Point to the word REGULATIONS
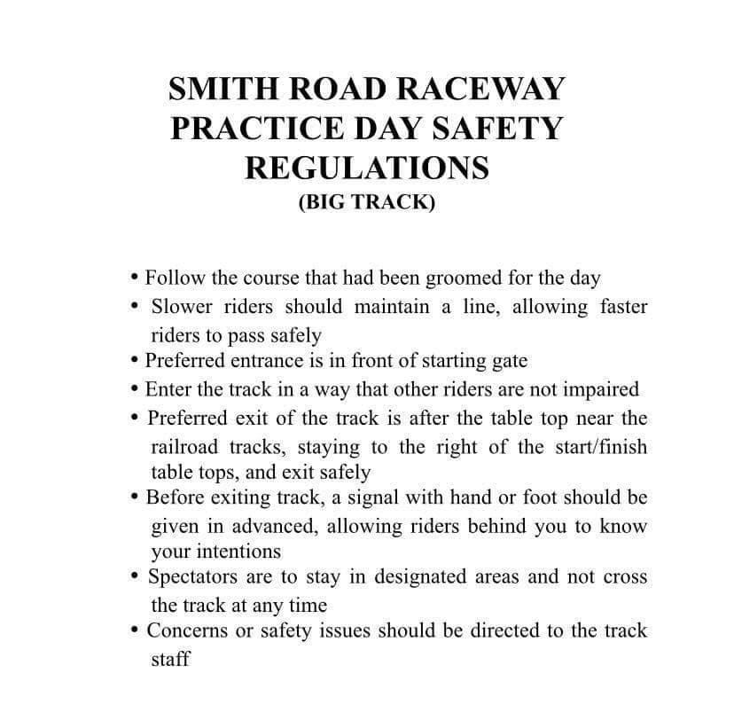coord(367,168)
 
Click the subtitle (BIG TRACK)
coord(367,201)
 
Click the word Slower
coord(181,308)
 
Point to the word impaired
coord(602,389)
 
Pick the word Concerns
coord(184,631)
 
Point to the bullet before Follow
coord(134,278)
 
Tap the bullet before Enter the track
coord(134,389)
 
